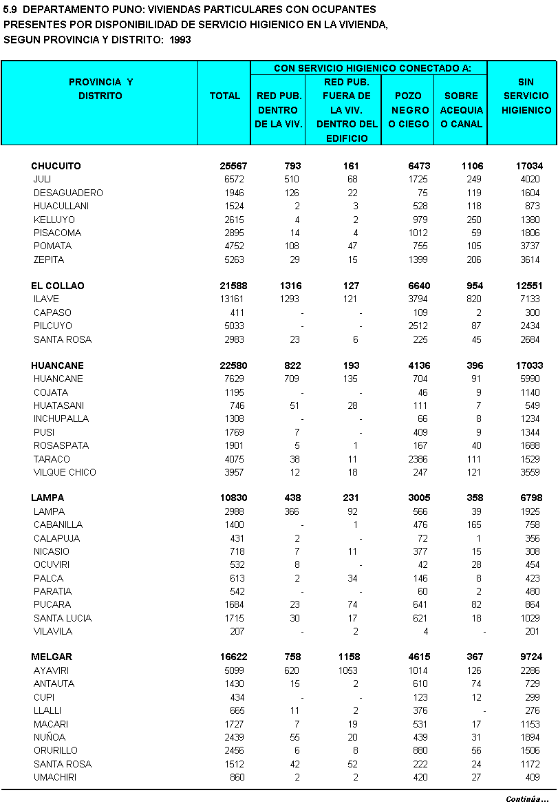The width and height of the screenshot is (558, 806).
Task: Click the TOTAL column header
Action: [x=225, y=96]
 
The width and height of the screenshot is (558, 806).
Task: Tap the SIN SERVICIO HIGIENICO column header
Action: [x=526, y=96]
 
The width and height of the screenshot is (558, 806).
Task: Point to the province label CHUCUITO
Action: [x=56, y=166]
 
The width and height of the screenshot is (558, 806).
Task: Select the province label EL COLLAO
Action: [x=58, y=286]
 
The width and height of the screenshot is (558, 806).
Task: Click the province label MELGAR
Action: [x=52, y=657]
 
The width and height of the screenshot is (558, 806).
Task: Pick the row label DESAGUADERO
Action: [x=68, y=193]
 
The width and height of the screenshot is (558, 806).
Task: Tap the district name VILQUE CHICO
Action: [x=65, y=472]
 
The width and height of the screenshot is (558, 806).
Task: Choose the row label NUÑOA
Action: [x=50, y=737]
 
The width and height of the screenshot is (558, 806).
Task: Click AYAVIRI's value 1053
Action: [x=347, y=670]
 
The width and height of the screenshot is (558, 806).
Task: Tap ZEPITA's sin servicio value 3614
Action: [x=530, y=259]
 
